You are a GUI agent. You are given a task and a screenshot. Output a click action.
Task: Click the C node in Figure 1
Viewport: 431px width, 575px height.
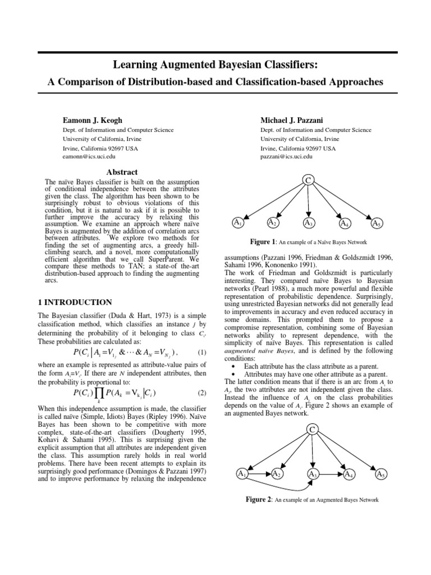click(x=308, y=179)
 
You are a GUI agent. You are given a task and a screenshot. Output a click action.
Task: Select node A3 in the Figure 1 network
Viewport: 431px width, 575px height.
click(x=308, y=223)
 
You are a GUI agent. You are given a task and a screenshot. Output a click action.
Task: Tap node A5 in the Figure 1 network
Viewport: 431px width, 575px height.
click(x=377, y=224)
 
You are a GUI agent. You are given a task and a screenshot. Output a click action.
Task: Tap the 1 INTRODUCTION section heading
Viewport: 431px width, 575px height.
click(x=75, y=302)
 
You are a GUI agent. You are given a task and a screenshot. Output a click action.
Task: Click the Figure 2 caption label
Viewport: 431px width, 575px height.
click(x=259, y=499)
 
